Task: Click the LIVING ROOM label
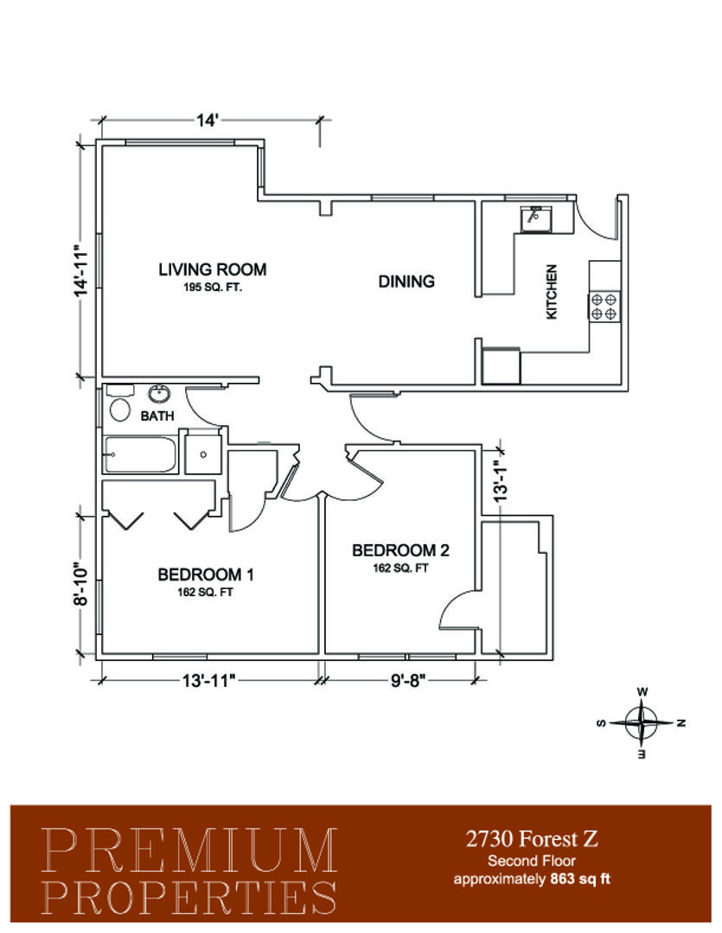click(x=212, y=270)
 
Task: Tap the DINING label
click(x=406, y=281)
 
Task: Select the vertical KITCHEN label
click(x=552, y=292)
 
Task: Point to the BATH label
click(x=157, y=416)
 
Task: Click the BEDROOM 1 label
click(x=206, y=574)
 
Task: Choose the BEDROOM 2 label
click(x=400, y=550)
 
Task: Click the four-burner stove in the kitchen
click(x=604, y=307)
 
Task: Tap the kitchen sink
click(x=535, y=219)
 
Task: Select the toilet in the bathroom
click(x=119, y=404)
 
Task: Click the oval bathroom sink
click(x=158, y=394)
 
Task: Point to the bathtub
click(x=141, y=454)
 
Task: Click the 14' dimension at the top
click(x=208, y=120)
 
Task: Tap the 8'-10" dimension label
click(x=81, y=584)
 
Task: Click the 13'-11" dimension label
click(x=210, y=680)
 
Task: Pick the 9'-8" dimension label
click(x=409, y=680)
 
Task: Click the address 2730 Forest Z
click(x=532, y=839)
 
